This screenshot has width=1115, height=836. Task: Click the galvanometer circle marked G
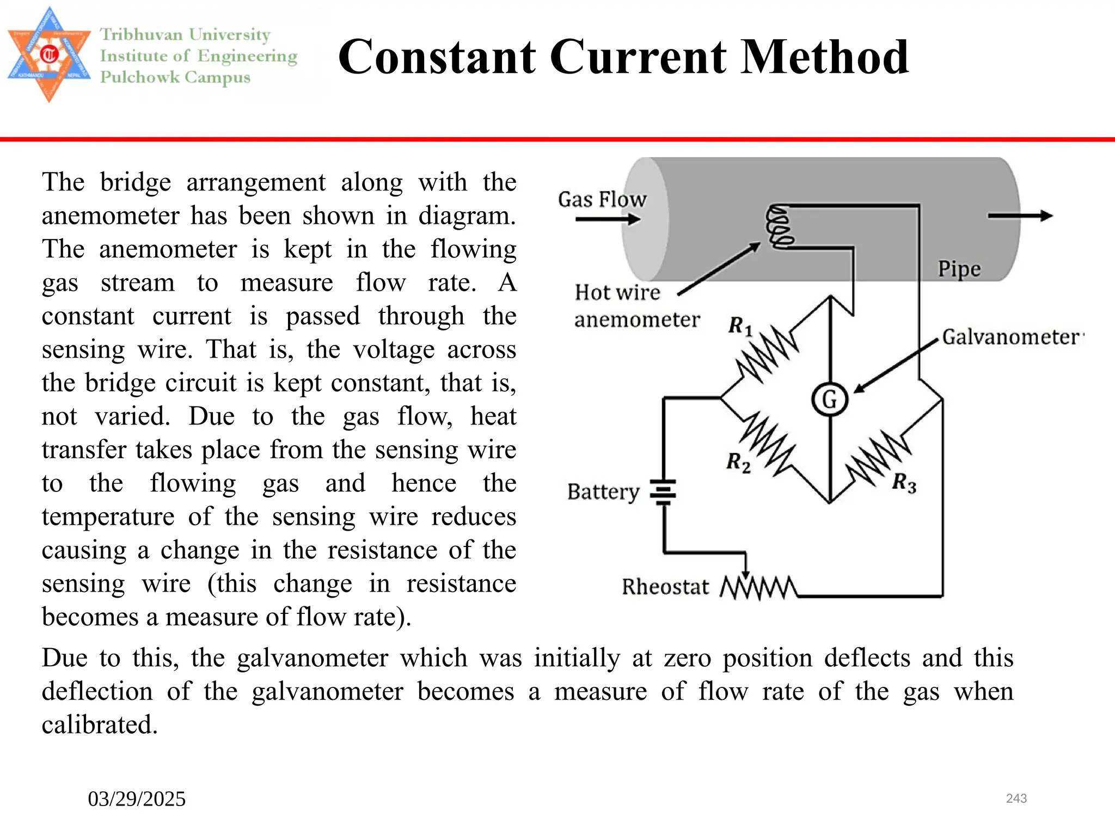tap(829, 399)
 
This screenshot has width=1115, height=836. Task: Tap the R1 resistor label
tap(740, 327)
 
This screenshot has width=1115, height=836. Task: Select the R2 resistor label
tap(738, 463)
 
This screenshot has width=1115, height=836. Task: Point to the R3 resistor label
tap(904, 483)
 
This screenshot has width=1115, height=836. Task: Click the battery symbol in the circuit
tap(664, 492)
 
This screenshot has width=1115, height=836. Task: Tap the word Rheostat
tap(665, 587)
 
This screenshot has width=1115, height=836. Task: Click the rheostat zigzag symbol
tap(759, 588)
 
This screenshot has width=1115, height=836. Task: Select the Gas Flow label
tap(602, 200)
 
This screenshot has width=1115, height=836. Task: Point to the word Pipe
tap(959, 269)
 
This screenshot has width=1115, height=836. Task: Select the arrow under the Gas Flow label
tap(608, 219)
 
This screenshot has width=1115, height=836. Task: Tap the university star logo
tap(49, 54)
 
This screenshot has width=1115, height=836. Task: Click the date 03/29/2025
tap(137, 799)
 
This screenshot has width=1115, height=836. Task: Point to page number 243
tap(1016, 798)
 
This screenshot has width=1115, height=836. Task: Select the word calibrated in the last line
tap(100, 725)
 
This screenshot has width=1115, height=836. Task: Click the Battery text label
tap(603, 492)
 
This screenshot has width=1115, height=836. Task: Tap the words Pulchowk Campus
tap(175, 77)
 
